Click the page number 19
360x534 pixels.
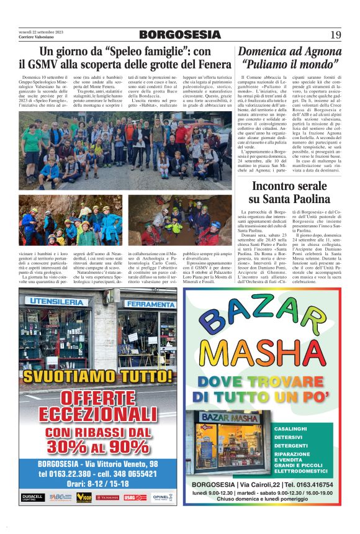tap(335, 34)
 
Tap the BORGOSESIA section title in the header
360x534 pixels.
tap(179, 34)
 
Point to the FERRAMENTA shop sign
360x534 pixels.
tap(150, 304)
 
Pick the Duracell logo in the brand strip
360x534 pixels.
tap(32, 497)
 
